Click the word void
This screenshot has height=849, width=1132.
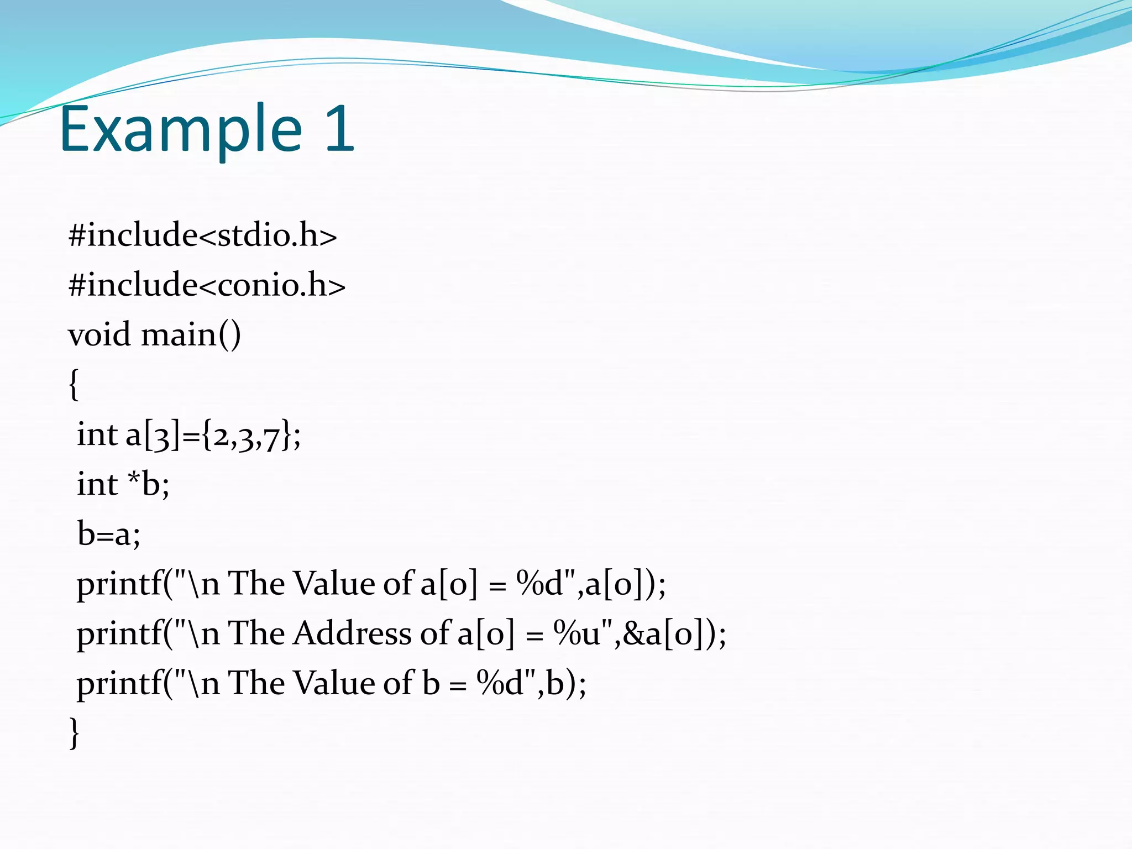point(99,335)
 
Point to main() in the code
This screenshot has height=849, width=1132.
point(191,335)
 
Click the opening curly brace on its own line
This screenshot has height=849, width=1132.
point(74,385)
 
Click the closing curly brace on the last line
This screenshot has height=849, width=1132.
point(74,733)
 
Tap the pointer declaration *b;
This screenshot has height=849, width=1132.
point(148,484)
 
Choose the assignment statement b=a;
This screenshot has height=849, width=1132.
point(109,534)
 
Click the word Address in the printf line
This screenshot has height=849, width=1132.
point(352,633)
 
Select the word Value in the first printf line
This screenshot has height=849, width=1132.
point(334,584)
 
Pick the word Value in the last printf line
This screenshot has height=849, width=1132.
point(334,683)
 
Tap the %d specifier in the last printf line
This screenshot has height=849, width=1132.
point(501,683)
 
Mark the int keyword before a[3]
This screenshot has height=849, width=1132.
point(97,434)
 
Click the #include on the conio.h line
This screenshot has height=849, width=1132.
point(133,285)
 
